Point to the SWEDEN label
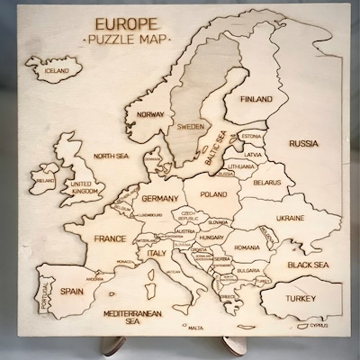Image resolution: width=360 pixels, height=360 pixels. pos(190,126)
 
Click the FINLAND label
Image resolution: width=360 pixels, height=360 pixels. pos(256,102)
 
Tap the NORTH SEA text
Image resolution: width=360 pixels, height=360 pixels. pos(111,155)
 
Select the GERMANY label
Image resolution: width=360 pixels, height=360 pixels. pos(162,197)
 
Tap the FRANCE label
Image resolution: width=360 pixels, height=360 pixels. pos(110,238)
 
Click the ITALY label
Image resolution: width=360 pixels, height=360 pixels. pos(157,254)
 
